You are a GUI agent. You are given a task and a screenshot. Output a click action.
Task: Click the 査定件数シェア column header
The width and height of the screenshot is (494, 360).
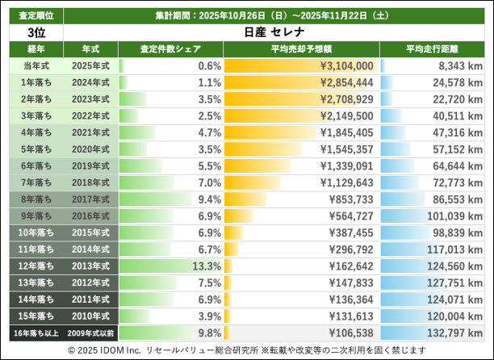click(170, 48)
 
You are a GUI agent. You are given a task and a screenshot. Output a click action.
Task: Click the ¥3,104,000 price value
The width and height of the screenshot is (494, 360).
click(345, 65)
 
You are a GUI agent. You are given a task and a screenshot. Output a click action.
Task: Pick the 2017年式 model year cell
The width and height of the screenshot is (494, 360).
click(90, 199)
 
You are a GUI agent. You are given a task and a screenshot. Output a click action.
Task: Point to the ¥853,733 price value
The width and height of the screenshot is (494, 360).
click(348, 199)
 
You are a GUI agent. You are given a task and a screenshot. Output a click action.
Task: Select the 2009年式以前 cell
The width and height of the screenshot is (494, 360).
click(90, 333)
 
